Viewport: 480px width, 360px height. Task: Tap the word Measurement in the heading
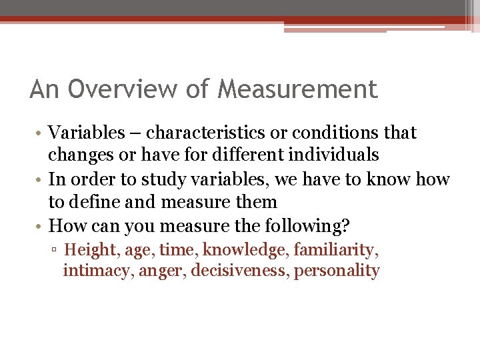click(297, 89)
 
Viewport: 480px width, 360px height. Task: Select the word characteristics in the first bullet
click(201, 133)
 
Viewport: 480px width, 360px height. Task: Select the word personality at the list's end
click(337, 271)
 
